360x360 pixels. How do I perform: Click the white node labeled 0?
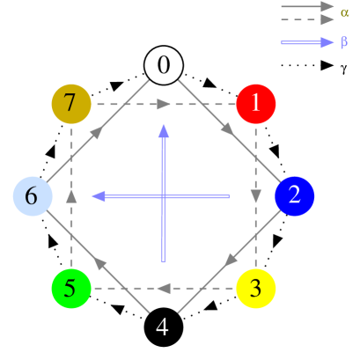click(164, 65)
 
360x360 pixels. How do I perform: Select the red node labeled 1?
click(256, 104)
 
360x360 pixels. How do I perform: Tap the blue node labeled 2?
click(295, 195)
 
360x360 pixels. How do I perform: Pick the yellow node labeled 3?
click(256, 288)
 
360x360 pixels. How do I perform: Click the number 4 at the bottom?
click(163, 327)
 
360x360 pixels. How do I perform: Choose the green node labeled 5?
click(71, 288)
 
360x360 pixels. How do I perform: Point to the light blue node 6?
click(33, 195)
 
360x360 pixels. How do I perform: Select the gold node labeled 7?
click(71, 104)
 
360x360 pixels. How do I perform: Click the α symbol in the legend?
click(344, 12)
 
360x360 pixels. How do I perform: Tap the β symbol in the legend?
click(344, 42)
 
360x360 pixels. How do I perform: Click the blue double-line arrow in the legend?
click(307, 42)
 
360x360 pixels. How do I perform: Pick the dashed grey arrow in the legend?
click(307, 19)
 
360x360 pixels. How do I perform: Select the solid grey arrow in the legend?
click(307, 7)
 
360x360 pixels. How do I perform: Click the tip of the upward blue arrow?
click(163, 126)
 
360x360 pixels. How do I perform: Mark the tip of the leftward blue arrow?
click(94, 195)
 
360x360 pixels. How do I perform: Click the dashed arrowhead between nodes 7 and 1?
click(164, 104)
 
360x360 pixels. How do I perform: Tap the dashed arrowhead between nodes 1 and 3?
click(256, 195)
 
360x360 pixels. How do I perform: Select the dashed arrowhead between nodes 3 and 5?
click(164, 288)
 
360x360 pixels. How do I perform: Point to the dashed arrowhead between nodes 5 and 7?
click(71, 195)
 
